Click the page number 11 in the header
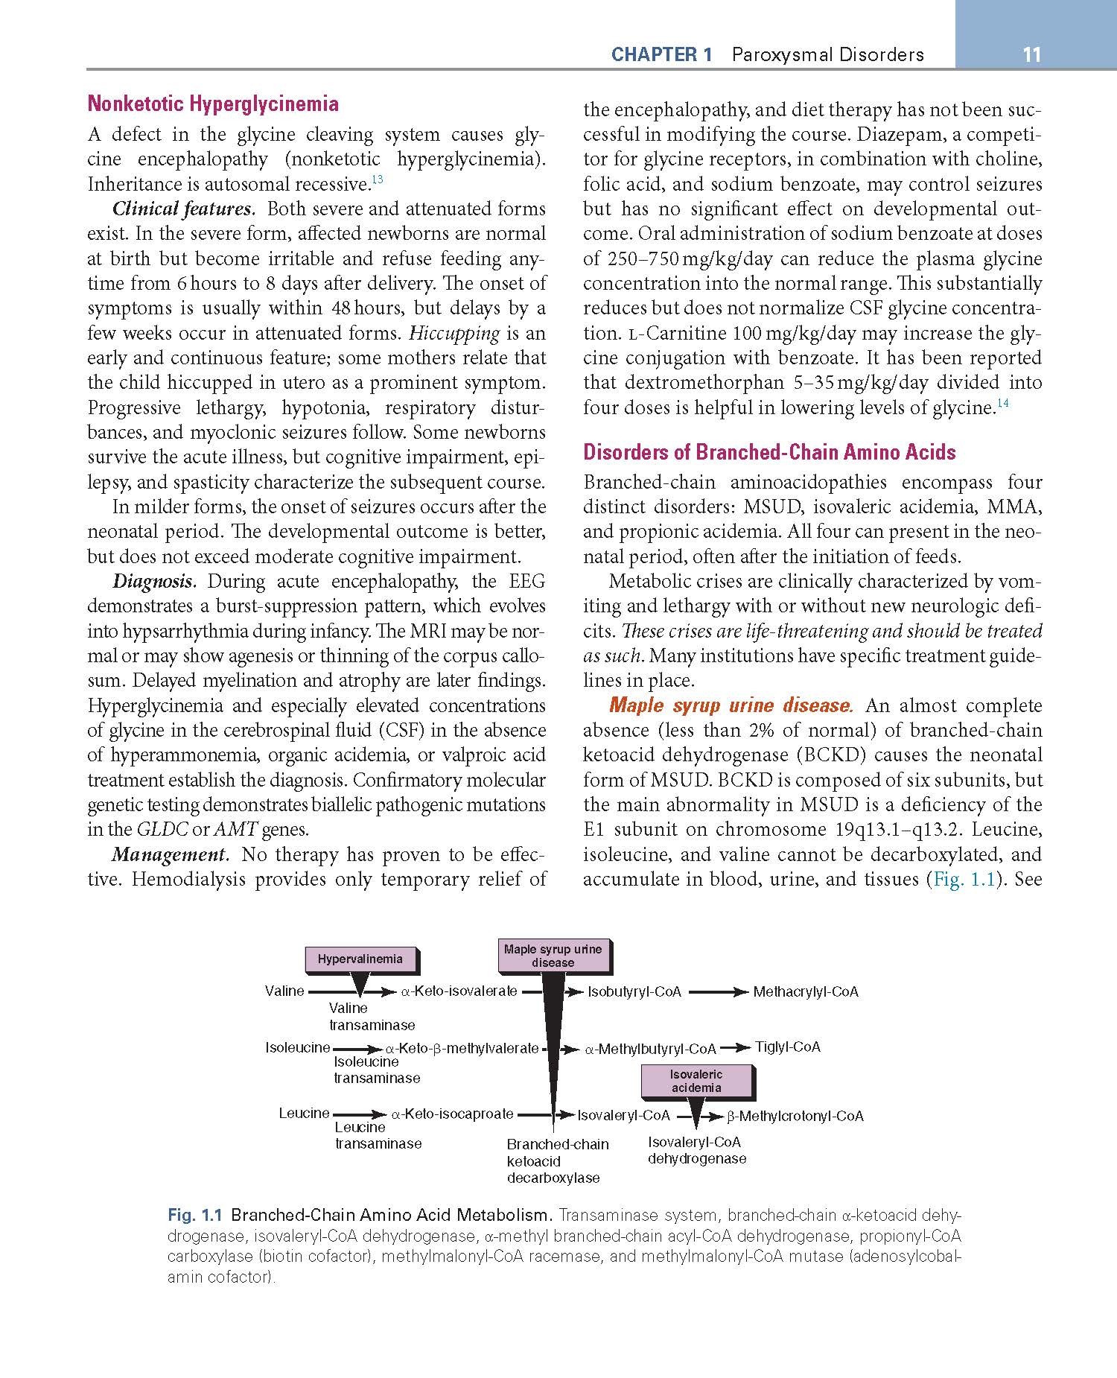click(x=1031, y=54)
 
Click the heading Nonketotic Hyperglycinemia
click(x=213, y=104)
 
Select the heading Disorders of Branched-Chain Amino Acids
click(x=769, y=452)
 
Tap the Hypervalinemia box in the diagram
click(x=360, y=959)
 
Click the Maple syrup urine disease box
click(x=553, y=956)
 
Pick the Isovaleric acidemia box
click(x=696, y=1081)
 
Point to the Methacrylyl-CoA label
click(x=806, y=991)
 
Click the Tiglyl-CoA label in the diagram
click(x=788, y=1047)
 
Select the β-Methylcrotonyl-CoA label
click(x=795, y=1116)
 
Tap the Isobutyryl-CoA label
click(x=634, y=991)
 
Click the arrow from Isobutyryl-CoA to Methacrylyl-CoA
click(x=718, y=992)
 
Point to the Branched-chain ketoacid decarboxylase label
click(x=557, y=1160)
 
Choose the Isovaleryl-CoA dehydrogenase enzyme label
click(x=696, y=1150)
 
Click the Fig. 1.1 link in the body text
click(x=964, y=879)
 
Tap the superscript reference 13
click(x=377, y=180)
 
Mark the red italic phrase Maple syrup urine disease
click(x=731, y=705)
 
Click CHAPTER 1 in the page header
click(x=661, y=54)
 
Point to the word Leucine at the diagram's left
click(x=304, y=1113)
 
